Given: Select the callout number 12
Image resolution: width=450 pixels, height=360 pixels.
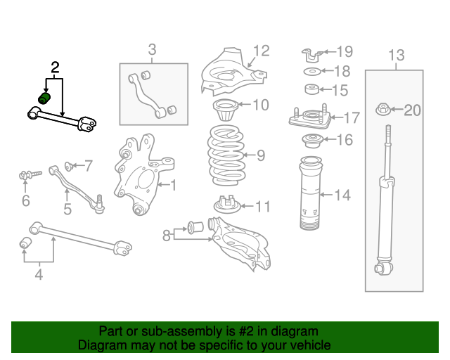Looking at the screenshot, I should pyautogui.click(x=261, y=51).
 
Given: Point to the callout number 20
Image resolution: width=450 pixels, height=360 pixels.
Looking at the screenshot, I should pyautogui.click(x=412, y=110).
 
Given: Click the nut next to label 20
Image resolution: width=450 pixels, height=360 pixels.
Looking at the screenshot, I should pyautogui.click(x=385, y=109).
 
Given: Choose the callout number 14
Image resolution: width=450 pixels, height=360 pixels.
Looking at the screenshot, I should pyautogui.click(x=342, y=195).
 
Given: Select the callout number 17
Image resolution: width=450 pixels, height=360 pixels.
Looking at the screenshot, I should pyautogui.click(x=350, y=117).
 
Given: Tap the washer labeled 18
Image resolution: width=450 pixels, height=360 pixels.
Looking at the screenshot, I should pyautogui.click(x=312, y=72).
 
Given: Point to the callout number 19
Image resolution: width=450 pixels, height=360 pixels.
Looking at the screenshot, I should pyautogui.click(x=344, y=51).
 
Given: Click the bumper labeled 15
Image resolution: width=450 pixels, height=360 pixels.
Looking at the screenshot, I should pyautogui.click(x=312, y=89).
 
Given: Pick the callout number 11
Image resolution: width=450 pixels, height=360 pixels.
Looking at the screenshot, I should pyautogui.click(x=262, y=207).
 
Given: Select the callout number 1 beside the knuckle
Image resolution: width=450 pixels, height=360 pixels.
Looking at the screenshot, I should pyautogui.click(x=173, y=186).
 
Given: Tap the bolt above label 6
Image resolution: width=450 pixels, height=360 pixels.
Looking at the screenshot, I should pyautogui.click(x=25, y=174).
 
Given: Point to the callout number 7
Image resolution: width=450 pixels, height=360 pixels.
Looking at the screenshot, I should pyautogui.click(x=88, y=166).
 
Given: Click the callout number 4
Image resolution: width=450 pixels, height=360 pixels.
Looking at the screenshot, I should pyautogui.click(x=39, y=276).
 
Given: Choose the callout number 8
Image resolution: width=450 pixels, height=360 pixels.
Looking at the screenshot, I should pyautogui.click(x=167, y=235).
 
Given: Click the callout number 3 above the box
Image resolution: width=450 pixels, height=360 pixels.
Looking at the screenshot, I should pyautogui.click(x=152, y=49).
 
